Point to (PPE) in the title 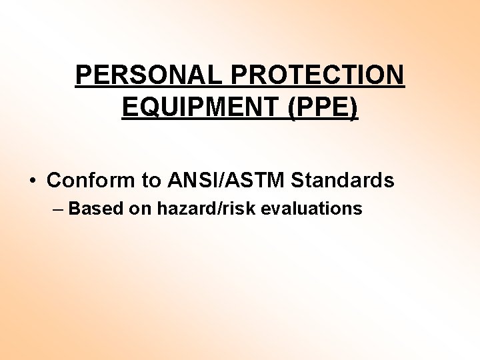[x=323, y=107]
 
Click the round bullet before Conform [x=32, y=181]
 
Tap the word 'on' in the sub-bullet [x=141, y=209]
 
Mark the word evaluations [x=311, y=209]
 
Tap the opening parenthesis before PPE [x=293, y=107]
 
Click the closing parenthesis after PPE [x=354, y=107]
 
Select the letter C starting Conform [x=54, y=180]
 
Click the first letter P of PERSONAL [x=83, y=75]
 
